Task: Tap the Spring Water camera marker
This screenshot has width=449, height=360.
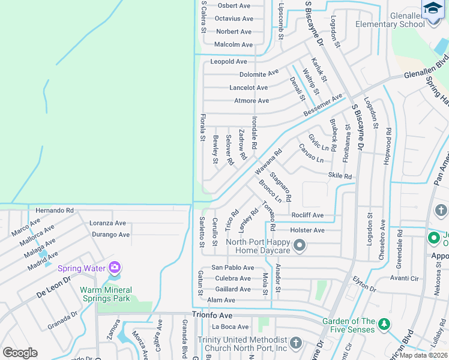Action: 115,268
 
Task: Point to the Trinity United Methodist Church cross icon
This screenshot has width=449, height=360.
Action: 295,343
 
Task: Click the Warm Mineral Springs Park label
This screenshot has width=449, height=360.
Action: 96,298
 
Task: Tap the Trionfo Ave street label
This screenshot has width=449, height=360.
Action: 212,314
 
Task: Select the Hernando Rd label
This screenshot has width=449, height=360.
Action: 54,211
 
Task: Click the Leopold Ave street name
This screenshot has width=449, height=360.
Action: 228,62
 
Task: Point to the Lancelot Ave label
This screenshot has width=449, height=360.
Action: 249,88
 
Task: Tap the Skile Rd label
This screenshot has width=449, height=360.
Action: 340,176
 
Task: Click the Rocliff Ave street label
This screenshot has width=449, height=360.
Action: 307,215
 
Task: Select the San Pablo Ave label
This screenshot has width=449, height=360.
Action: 232,268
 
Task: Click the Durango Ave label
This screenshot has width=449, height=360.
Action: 110,235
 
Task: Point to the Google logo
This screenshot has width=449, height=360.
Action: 20,352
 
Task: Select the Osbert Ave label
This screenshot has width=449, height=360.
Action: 234,6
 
